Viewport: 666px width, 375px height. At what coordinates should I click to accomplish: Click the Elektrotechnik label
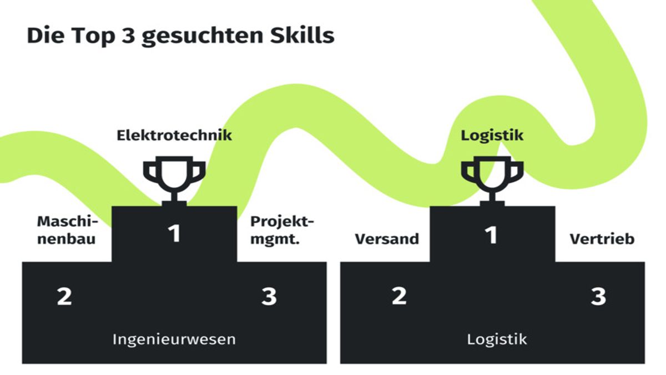[x=174, y=135]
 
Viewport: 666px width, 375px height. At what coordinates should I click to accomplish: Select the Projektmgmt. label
[x=282, y=231]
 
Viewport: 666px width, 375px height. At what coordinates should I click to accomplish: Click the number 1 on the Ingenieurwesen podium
[x=175, y=234]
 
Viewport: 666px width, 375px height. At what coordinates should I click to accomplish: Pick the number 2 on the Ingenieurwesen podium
[x=64, y=297]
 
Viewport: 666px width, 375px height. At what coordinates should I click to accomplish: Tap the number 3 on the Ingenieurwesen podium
[x=269, y=297]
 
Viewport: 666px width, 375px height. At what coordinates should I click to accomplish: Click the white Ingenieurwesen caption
[x=174, y=339]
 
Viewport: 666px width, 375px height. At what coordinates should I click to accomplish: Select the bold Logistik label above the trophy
[x=492, y=135]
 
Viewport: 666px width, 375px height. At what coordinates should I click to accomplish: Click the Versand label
[x=387, y=239]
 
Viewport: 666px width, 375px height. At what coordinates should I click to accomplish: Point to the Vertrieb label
[x=602, y=239]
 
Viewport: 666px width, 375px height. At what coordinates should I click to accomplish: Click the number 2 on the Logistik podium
[x=399, y=297]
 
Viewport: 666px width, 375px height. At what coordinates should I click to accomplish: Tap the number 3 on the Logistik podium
[x=598, y=297]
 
